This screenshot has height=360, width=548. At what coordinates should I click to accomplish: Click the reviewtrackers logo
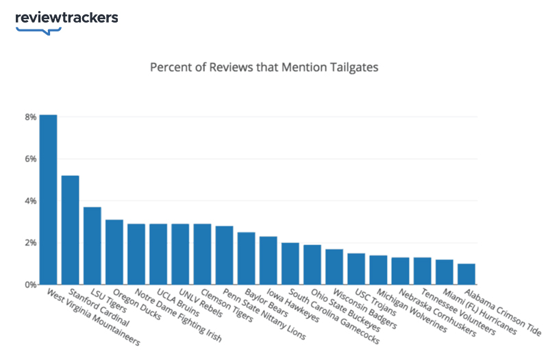[66, 18]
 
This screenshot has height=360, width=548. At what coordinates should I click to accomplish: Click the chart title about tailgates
[264, 67]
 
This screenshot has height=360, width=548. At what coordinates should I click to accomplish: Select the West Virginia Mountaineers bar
[48, 199]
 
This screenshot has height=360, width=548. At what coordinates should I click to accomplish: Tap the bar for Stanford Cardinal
[70, 230]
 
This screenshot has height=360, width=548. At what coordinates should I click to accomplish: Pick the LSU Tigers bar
[92, 246]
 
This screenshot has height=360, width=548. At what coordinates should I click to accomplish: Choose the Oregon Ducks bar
[114, 252]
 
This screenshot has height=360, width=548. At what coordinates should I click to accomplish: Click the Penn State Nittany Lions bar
[224, 255]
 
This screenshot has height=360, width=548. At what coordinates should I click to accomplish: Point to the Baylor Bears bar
[246, 258]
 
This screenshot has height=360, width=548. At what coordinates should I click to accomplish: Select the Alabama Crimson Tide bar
[466, 274]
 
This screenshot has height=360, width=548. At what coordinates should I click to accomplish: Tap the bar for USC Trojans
[356, 269]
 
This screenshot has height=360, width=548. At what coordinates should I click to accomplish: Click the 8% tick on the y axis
[30, 117]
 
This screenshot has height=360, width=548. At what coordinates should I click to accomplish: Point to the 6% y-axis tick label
[30, 159]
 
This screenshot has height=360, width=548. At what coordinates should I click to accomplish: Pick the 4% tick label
[30, 201]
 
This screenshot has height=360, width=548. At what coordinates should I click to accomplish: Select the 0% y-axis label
[30, 285]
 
